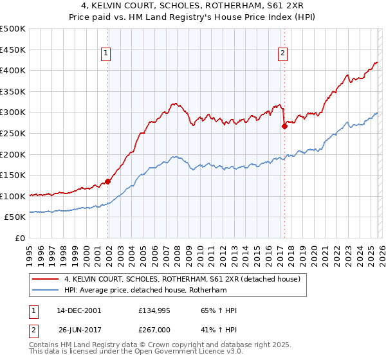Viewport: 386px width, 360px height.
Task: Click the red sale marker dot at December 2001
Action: pyautogui.click(x=107, y=181)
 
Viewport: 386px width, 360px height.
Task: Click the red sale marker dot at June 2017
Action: pyautogui.click(x=284, y=126)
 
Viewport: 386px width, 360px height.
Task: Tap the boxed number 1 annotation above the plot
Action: pyautogui.click(x=106, y=54)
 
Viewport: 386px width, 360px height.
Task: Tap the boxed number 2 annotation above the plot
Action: pyautogui.click(x=282, y=54)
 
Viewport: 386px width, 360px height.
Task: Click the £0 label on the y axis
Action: pyautogui.click(x=19, y=238)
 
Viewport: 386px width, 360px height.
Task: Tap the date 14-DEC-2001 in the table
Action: pyautogui.click(x=78, y=310)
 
